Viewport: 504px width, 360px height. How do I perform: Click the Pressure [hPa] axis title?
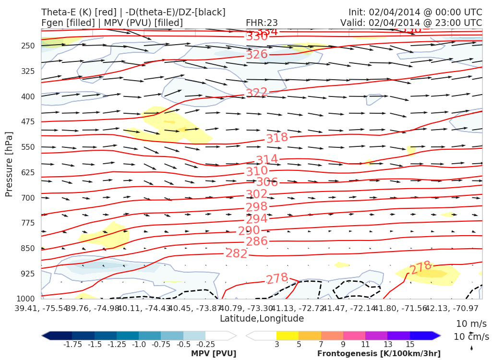click(x=9, y=164)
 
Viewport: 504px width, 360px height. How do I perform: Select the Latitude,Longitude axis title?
click(x=262, y=318)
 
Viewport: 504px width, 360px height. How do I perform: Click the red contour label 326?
click(x=256, y=54)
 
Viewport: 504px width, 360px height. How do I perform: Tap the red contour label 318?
click(x=277, y=138)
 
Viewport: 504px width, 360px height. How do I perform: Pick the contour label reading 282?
click(x=236, y=253)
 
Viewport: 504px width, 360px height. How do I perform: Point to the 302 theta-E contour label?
click(x=256, y=194)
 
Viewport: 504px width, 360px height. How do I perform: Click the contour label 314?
click(x=267, y=160)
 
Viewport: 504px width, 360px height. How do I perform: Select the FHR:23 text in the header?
click(x=262, y=23)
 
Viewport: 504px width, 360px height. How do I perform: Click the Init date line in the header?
click(x=415, y=12)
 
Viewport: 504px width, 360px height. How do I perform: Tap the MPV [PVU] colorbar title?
click(x=213, y=354)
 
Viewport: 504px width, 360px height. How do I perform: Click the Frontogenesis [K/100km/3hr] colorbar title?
click(x=379, y=354)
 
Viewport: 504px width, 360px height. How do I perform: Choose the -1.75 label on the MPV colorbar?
click(x=72, y=345)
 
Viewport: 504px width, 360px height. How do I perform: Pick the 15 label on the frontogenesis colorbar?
click(x=409, y=345)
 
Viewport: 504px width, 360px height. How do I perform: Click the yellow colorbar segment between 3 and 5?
click(x=288, y=336)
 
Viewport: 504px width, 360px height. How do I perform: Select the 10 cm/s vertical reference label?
click(x=471, y=336)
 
